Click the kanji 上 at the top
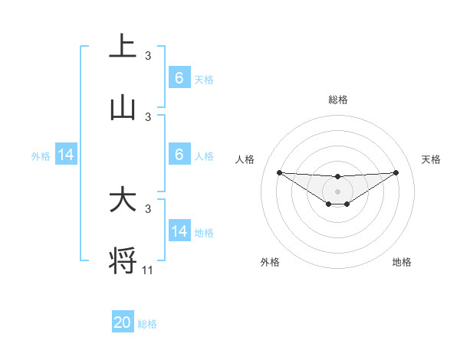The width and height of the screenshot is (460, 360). (x=123, y=46)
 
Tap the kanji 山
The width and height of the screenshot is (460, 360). (x=123, y=108)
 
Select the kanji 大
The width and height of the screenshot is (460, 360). (x=123, y=200)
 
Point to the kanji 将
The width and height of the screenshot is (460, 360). (x=123, y=261)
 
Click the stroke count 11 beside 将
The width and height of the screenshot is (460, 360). (x=149, y=270)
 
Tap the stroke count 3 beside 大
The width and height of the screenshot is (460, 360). (x=148, y=208)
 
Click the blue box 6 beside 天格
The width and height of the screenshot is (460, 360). (x=179, y=77)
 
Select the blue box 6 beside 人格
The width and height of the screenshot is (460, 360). (x=179, y=155)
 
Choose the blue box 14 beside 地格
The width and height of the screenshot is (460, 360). (x=179, y=231)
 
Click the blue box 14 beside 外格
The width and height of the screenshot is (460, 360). (x=66, y=155)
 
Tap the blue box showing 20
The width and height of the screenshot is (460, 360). (x=123, y=322)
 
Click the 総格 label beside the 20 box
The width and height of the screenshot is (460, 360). (x=147, y=324)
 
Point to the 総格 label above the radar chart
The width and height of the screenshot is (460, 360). (x=337, y=100)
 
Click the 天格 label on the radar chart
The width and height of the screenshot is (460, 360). (x=432, y=159)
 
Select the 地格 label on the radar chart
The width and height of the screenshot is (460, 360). (x=402, y=262)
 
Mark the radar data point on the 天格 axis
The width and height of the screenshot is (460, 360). (x=396, y=172)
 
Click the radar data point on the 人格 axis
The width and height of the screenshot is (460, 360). (x=279, y=172)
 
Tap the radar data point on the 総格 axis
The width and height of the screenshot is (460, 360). (x=337, y=177)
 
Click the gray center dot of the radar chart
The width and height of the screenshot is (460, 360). (x=337, y=191)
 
